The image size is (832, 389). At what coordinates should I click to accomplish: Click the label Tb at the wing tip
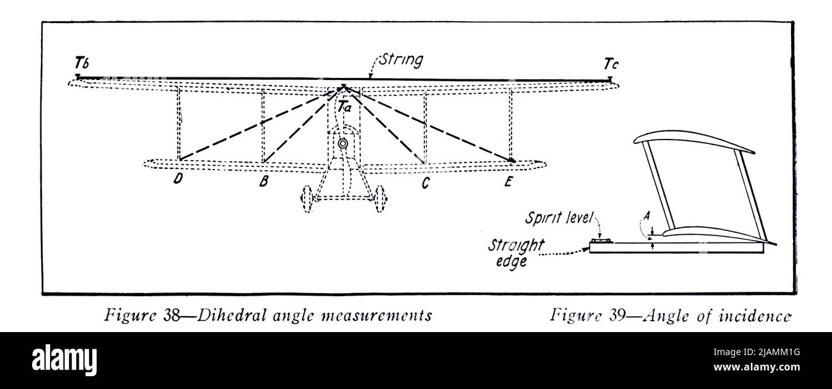(82, 63)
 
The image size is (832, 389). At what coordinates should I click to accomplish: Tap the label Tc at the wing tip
(611, 64)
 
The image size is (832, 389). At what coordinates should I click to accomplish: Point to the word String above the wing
(401, 60)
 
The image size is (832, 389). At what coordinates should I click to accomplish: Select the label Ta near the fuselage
(344, 107)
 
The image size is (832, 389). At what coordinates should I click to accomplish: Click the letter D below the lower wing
(178, 179)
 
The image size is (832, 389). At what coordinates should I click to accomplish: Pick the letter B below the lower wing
(264, 181)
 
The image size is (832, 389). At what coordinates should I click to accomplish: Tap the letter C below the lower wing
(426, 183)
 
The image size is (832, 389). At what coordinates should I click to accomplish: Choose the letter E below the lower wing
(508, 182)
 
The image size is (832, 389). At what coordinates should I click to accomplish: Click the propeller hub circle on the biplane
(343, 143)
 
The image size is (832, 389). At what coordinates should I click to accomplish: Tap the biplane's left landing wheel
(307, 198)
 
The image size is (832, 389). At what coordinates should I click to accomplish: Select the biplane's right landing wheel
(380, 198)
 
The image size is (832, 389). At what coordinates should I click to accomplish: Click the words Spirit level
(559, 218)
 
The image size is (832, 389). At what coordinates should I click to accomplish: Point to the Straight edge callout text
(516, 253)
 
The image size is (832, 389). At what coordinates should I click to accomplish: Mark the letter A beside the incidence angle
(646, 216)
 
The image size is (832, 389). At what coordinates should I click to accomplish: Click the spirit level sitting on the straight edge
(601, 241)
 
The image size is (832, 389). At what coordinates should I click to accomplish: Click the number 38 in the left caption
(172, 315)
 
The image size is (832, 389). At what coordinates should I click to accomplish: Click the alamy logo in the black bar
(64, 360)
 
